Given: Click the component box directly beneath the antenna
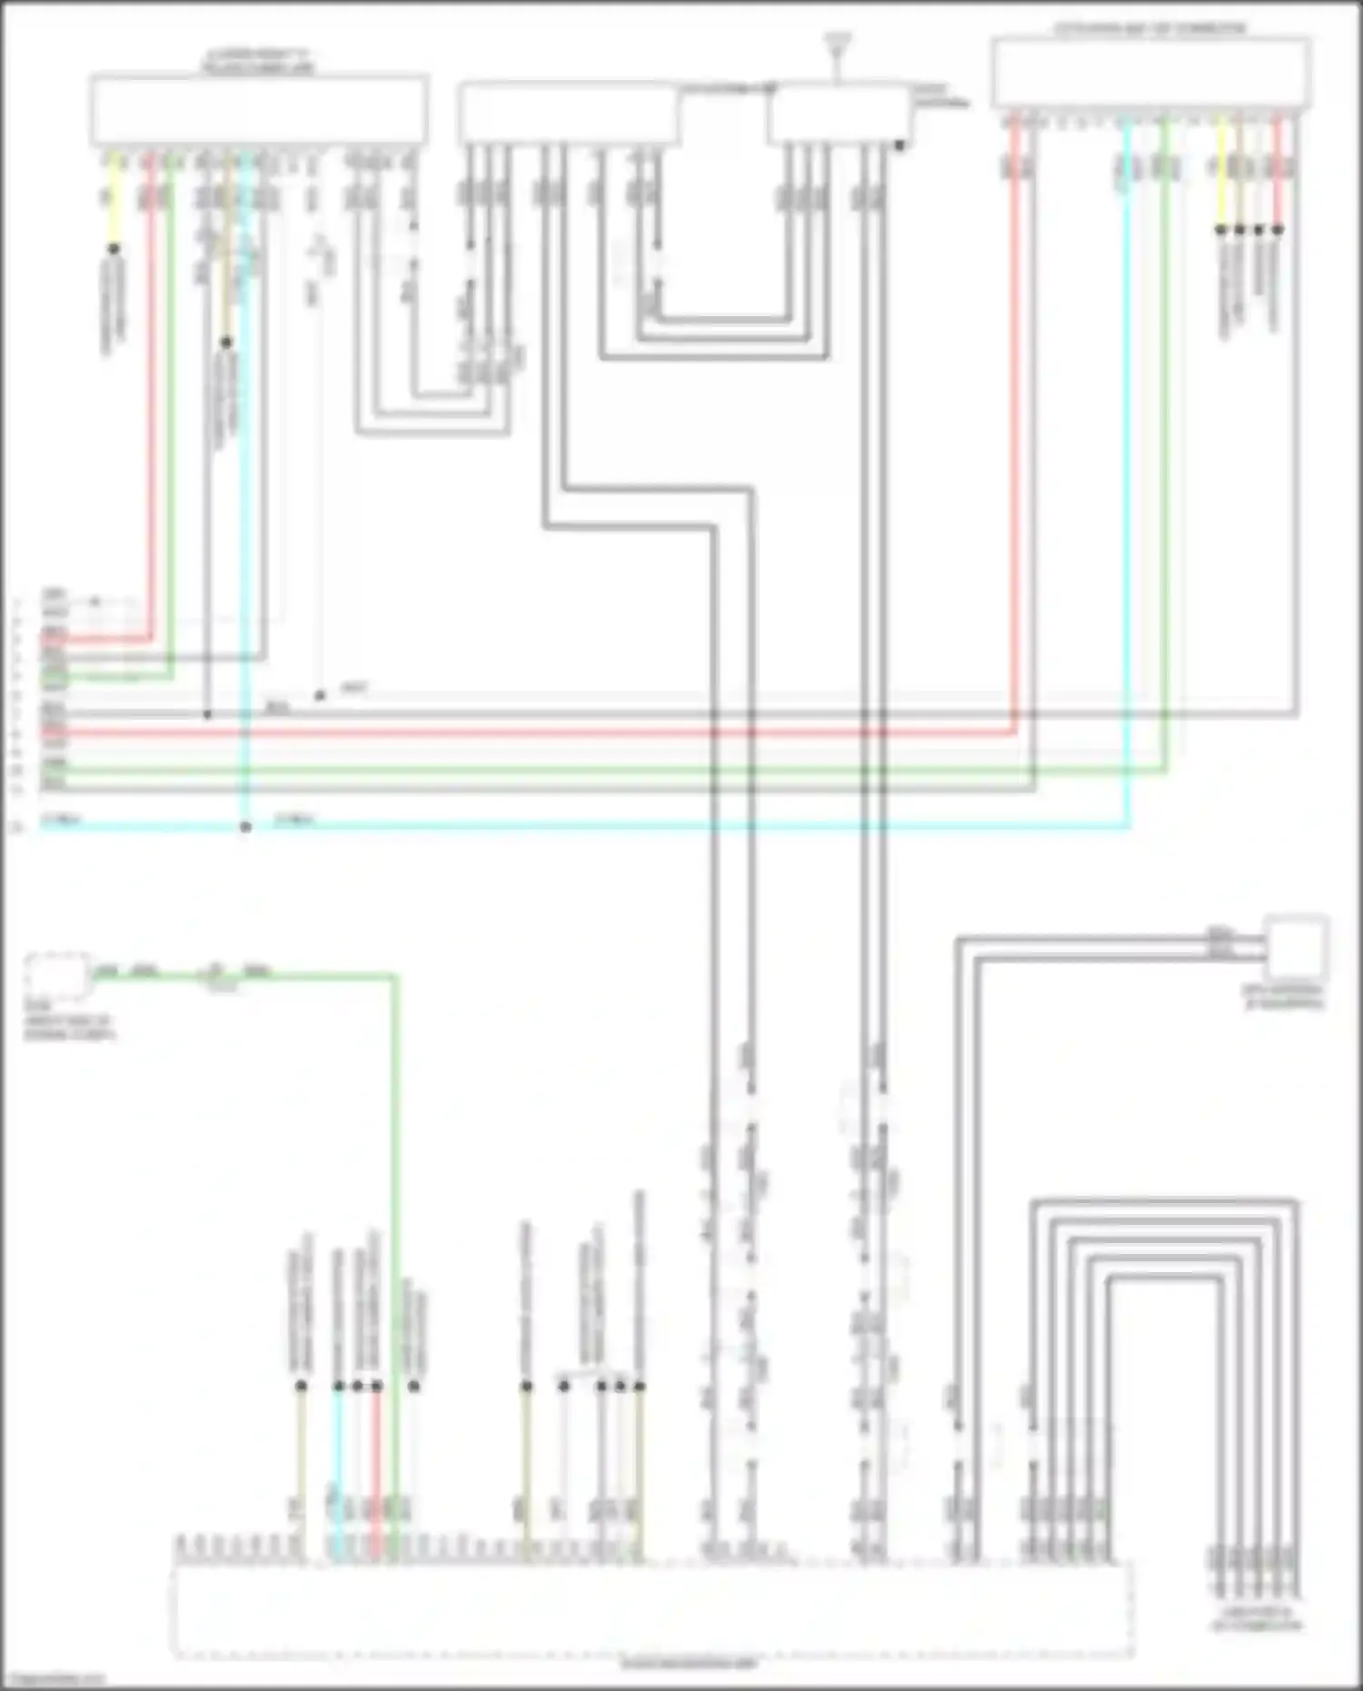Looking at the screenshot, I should (x=839, y=114).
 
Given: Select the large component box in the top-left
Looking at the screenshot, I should (x=259, y=110).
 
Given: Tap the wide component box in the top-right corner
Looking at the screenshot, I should (x=1150, y=74).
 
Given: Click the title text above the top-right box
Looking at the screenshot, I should (x=1149, y=29).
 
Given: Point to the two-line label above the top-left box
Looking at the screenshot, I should (x=258, y=63).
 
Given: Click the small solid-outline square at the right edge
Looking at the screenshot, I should (x=1297, y=948).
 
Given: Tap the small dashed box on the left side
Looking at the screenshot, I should (x=57, y=976).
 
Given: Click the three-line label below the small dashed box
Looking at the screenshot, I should (x=69, y=1021).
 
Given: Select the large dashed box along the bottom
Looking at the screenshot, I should (x=652, y=1609).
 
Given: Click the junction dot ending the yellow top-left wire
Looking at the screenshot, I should (x=114, y=248).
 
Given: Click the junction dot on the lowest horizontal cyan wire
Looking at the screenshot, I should (x=245, y=827).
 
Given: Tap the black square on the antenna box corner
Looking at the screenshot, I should (x=900, y=144).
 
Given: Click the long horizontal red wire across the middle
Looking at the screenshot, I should (x=545, y=732).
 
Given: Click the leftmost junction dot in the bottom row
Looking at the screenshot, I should (x=301, y=1386).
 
